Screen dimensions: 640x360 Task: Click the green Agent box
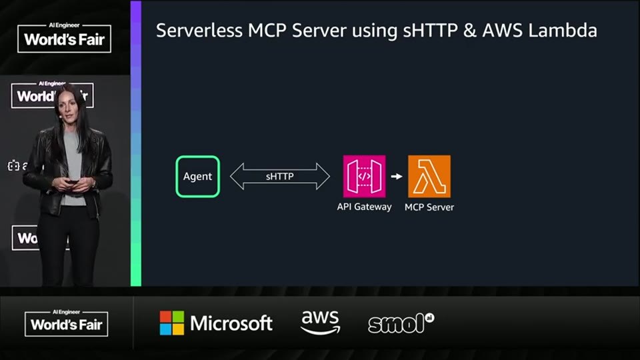tap(197, 176)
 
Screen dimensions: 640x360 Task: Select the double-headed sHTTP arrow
tap(279, 176)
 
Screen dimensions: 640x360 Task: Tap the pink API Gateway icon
tap(364, 176)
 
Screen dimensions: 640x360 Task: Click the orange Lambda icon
tap(429, 176)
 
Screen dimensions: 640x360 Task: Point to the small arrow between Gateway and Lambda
tap(396, 176)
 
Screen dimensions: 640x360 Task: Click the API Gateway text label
tap(364, 207)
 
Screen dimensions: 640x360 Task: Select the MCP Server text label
tap(429, 207)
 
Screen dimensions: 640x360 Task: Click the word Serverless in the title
tap(199, 31)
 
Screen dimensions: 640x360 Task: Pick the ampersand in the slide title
tap(470, 31)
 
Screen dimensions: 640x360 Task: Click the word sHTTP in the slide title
tap(430, 31)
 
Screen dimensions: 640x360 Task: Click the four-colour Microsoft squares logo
tap(172, 323)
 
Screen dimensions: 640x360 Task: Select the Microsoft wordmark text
tap(231, 323)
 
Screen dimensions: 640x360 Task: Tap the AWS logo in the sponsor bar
tap(321, 323)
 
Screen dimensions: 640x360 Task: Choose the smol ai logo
tap(401, 323)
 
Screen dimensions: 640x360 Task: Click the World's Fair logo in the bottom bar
tap(67, 323)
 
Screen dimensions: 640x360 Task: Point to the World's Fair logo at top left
tap(64, 38)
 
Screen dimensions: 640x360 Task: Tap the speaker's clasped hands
tap(73, 184)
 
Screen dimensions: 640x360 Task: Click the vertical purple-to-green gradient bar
tap(136, 143)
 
